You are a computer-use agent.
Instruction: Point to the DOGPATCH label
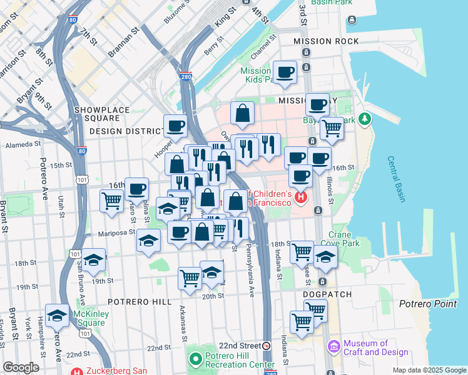tap(327, 294)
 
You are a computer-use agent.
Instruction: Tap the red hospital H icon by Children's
tap(301, 197)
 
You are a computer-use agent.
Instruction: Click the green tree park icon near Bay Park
tap(365, 119)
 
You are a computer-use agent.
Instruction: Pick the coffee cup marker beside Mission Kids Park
tap(285, 72)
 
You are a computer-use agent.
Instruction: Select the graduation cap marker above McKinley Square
tap(57, 316)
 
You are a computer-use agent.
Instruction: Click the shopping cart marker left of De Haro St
tap(111, 201)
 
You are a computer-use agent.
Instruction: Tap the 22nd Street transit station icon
tap(267, 346)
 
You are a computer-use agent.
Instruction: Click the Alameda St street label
tap(23, 144)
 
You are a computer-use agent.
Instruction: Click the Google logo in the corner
tap(21, 367)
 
